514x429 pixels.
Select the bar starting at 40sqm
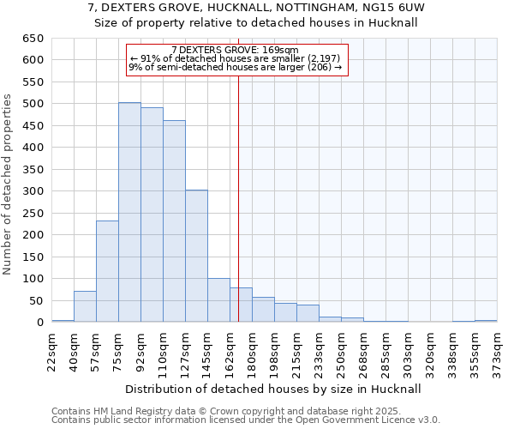coord(85,306)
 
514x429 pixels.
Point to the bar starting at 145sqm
coord(218,300)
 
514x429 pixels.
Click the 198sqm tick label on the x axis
coord(275,350)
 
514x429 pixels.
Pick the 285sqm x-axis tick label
coord(386,350)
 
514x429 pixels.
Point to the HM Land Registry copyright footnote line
coord(239,411)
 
